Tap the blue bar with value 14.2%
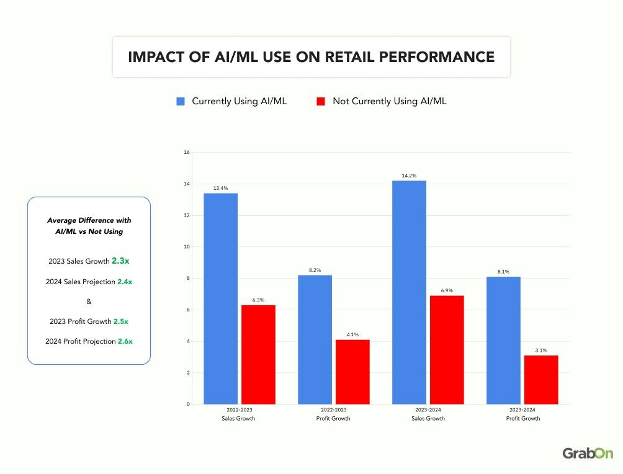[409, 292]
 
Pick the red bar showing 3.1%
[541, 380]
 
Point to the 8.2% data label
[315, 271]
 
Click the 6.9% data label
[447, 290]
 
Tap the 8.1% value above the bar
[503, 271]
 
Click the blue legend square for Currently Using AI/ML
[181, 101]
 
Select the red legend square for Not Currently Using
[321, 101]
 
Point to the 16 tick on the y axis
[186, 153]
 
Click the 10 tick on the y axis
[186, 247]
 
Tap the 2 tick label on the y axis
[187, 373]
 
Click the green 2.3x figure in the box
[120, 261]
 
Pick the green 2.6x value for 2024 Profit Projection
[125, 341]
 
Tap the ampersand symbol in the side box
[89, 302]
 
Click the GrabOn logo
[588, 454]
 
